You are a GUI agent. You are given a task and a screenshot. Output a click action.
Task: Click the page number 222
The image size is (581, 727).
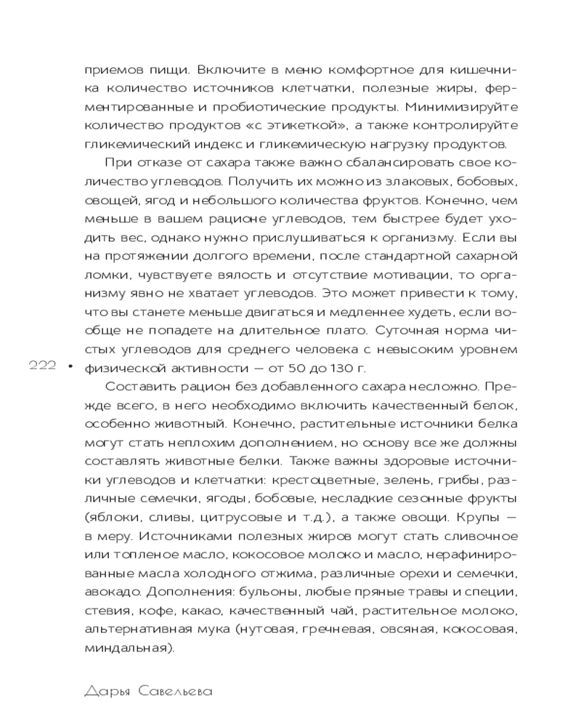coord(42,367)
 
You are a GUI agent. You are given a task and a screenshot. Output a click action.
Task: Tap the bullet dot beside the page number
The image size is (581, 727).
coord(70,367)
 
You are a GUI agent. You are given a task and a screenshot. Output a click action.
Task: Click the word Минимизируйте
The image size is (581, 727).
coord(457,107)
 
